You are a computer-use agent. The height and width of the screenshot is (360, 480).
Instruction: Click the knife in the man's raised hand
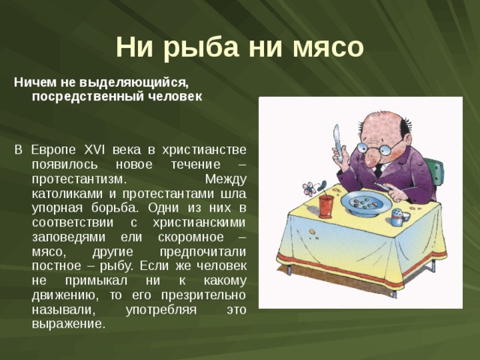pos(337,139)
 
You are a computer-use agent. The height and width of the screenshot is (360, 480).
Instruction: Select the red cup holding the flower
pos(325,205)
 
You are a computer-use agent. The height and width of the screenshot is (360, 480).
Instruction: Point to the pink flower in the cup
pos(308,187)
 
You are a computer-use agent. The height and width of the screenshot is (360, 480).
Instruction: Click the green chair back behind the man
pos(434,171)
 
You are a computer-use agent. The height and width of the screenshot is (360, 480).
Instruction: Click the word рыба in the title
pos(205,46)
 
